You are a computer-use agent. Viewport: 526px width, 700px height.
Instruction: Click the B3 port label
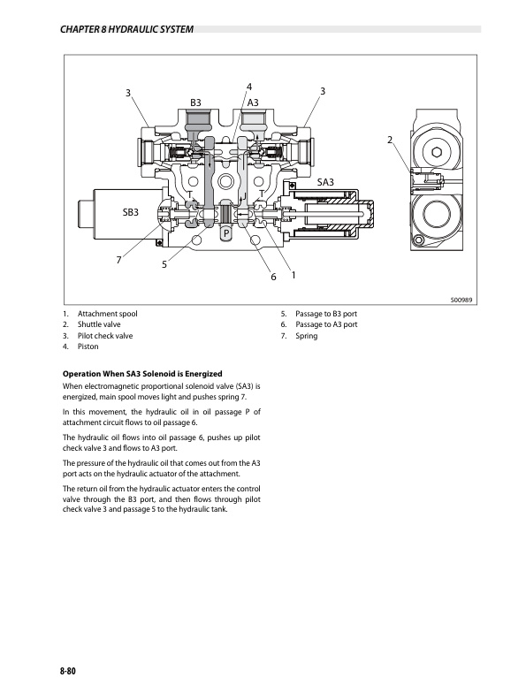[195, 103]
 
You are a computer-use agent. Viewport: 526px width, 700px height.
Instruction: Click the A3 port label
[253, 103]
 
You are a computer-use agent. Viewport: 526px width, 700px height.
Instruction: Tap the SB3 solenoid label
[130, 212]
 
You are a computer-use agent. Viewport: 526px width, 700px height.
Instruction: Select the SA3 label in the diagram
[325, 182]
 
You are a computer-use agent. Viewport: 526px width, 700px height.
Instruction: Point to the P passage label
[226, 233]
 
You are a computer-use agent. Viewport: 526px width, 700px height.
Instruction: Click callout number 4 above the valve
[249, 87]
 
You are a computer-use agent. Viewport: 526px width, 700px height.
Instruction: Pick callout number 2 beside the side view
[389, 141]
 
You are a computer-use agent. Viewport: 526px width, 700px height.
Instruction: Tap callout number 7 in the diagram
[118, 260]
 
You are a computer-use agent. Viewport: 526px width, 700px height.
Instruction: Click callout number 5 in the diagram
[164, 265]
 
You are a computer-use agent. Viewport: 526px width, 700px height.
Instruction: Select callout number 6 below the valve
[274, 277]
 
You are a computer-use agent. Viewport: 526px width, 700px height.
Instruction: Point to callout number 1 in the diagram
[293, 276]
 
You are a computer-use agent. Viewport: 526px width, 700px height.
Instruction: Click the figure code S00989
[461, 300]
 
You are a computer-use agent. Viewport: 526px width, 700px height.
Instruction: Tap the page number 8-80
[68, 671]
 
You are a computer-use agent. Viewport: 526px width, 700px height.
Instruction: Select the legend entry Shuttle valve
[99, 324]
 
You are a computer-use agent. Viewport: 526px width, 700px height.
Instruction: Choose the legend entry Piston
[88, 346]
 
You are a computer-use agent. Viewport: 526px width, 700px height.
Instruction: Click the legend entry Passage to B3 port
[326, 314]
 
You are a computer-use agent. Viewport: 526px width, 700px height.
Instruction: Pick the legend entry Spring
[306, 336]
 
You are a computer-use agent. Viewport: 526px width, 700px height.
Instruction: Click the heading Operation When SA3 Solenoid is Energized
[142, 374]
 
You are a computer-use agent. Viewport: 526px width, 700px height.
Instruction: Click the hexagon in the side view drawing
[437, 153]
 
